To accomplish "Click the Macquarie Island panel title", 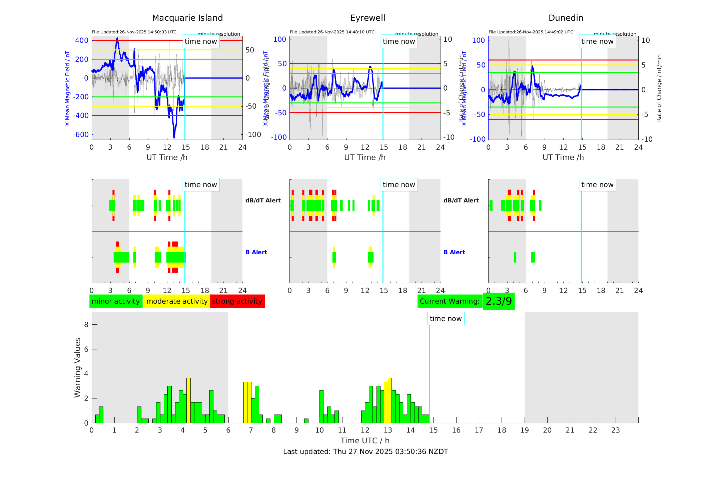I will pyautogui.click(x=187, y=18).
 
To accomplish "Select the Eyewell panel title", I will pyautogui.click(x=368, y=18).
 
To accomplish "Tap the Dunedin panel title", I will pyautogui.click(x=566, y=18).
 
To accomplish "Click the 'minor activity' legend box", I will pyautogui.click(x=116, y=301).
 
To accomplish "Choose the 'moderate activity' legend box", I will pyautogui.click(x=177, y=301).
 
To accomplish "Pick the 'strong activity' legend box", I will pyautogui.click(x=237, y=301).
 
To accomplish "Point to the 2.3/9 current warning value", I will pyautogui.click(x=499, y=301).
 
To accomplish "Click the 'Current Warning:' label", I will pyautogui.click(x=450, y=301).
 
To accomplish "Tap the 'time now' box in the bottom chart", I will pyautogui.click(x=446, y=319).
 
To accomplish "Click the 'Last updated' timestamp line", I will pyautogui.click(x=366, y=452).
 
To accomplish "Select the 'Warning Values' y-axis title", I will pyautogui.click(x=77, y=367).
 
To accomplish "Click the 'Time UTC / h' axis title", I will pyautogui.click(x=365, y=441).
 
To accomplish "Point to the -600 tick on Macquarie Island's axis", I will pyautogui.click(x=81, y=135).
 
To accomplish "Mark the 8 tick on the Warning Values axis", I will pyautogui.click(x=86, y=324).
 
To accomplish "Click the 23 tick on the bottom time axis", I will pyautogui.click(x=615, y=430).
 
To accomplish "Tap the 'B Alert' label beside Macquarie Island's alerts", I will pyautogui.click(x=256, y=252).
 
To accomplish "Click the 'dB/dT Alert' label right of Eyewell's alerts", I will pyautogui.click(x=461, y=200).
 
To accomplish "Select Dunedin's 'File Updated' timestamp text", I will pyautogui.click(x=531, y=32).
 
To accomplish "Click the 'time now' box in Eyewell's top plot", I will pyautogui.click(x=399, y=41).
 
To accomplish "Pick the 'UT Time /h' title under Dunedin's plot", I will pyautogui.click(x=563, y=157).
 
